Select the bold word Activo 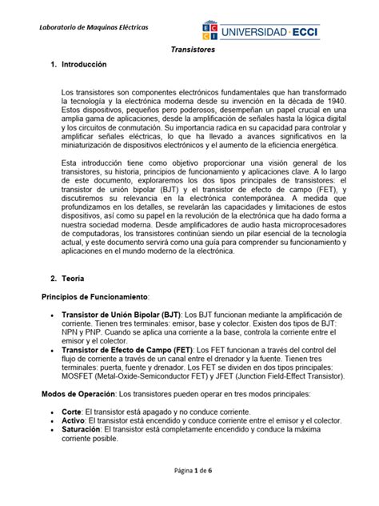(74, 426)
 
